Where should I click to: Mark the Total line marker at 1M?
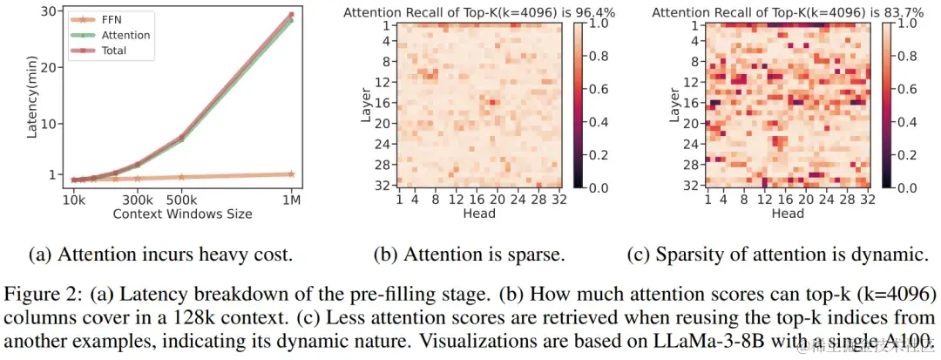pyautogui.click(x=291, y=15)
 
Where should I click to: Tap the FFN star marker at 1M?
pyautogui.click(x=291, y=174)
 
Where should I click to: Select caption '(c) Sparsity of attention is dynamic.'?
pyautogui.click(x=775, y=255)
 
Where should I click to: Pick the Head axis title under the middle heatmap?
pyautogui.click(x=479, y=213)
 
